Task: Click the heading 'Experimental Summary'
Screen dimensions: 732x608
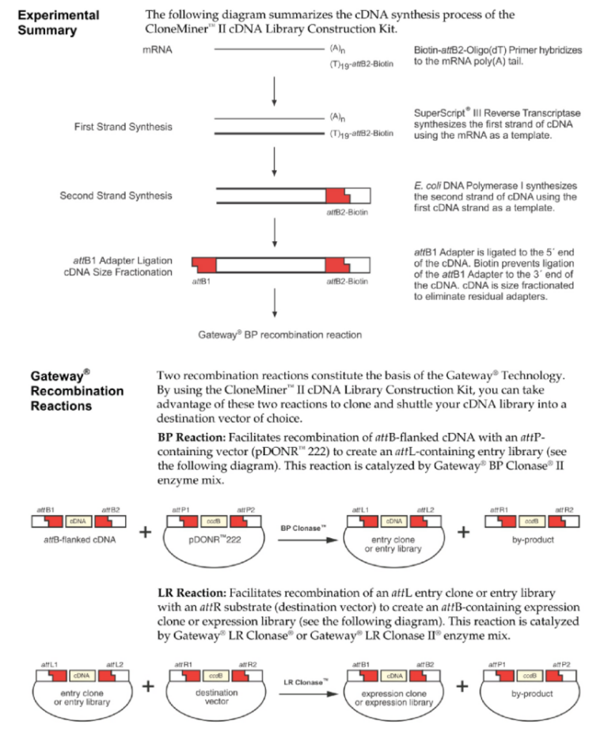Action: [x=59, y=22]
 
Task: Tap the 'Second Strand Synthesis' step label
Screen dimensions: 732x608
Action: [x=116, y=195]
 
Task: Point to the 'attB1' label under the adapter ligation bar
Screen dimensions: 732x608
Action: [x=203, y=281]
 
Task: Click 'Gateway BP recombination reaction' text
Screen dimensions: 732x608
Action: [x=279, y=335]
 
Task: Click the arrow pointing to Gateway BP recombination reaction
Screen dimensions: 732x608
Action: [x=273, y=305]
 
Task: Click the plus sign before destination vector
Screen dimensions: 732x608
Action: [x=148, y=686]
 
